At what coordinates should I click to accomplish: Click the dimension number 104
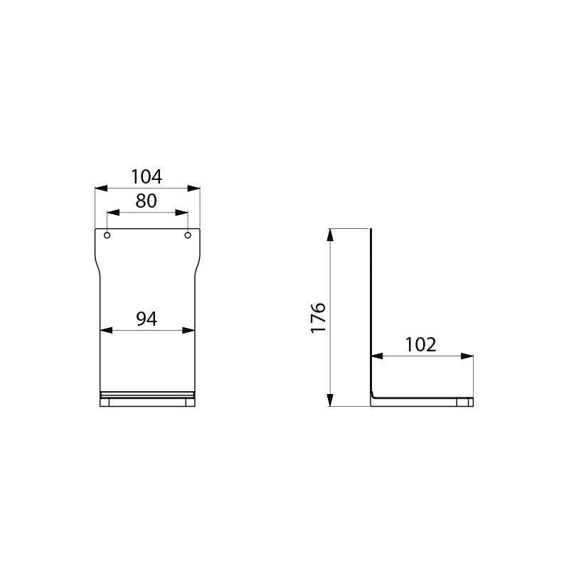click(x=147, y=176)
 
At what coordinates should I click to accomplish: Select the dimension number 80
click(x=147, y=201)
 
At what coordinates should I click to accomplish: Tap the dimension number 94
click(x=147, y=319)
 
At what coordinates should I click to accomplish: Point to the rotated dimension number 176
click(x=318, y=317)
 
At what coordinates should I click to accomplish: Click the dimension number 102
click(x=420, y=345)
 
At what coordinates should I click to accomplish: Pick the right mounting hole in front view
click(x=188, y=235)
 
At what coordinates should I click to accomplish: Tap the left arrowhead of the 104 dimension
click(x=100, y=188)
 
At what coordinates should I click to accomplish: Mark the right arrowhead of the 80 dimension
click(x=183, y=213)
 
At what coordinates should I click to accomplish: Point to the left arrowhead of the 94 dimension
click(x=106, y=330)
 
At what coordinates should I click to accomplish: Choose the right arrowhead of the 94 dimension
click(x=189, y=330)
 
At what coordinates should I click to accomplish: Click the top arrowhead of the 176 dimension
click(x=330, y=234)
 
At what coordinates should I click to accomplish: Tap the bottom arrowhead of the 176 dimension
click(x=330, y=400)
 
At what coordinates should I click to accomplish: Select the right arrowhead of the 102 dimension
click(x=468, y=356)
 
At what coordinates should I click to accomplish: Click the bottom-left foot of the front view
click(x=105, y=403)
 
